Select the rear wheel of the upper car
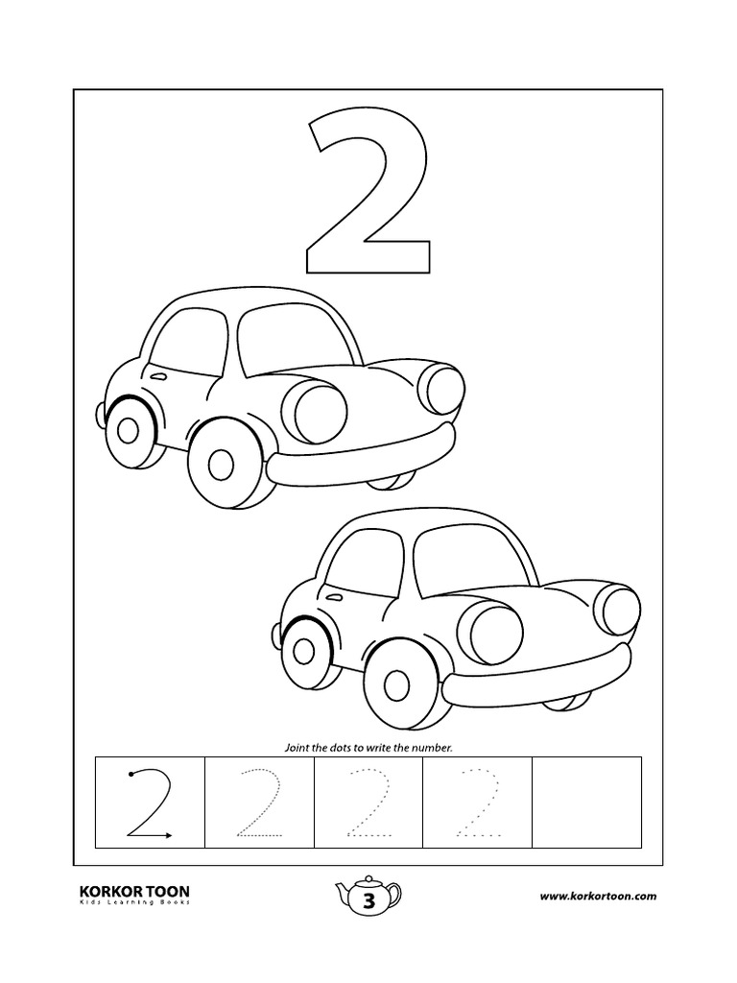[x=127, y=428]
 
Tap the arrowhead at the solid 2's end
[x=168, y=836]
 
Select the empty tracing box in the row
[x=586, y=802]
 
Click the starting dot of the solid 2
[x=130, y=772]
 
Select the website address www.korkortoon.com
[x=597, y=896]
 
